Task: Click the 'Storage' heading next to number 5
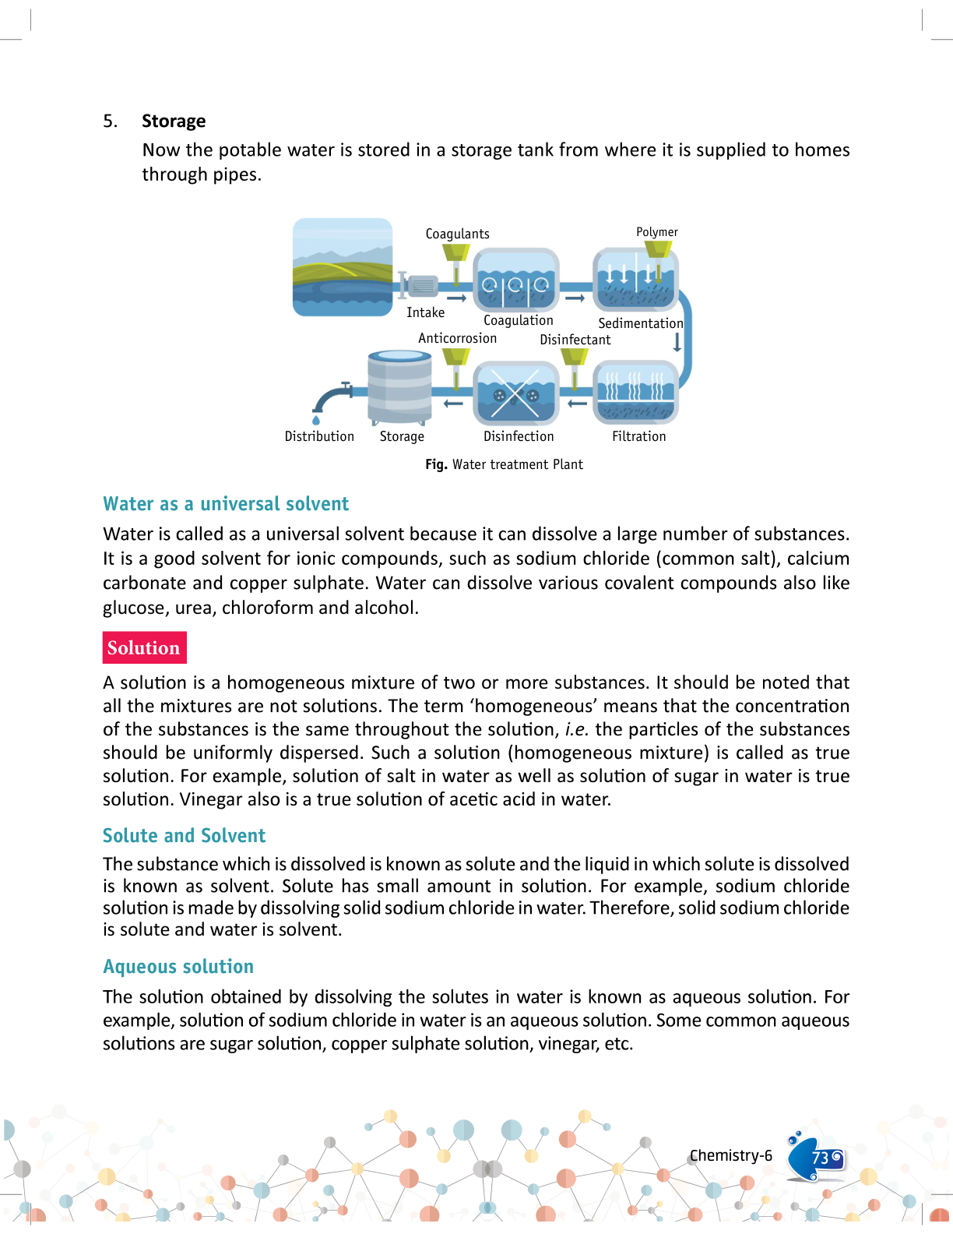tap(174, 121)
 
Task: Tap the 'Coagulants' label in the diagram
tap(457, 234)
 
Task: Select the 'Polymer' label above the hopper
tap(656, 232)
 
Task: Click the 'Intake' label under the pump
tap(425, 312)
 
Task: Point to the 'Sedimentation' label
tap(640, 323)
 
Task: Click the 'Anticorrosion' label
tap(457, 338)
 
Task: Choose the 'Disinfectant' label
tap(575, 340)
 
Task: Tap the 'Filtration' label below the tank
tap(638, 436)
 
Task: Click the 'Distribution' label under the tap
tap(319, 436)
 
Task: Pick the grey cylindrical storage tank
tap(399, 387)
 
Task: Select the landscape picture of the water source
tap(343, 267)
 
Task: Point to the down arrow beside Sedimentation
tap(677, 342)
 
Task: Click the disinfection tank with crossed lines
tap(515, 391)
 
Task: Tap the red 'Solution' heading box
tap(144, 647)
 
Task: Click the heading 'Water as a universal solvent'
tap(226, 504)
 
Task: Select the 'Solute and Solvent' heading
tap(184, 836)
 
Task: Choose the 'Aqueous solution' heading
tap(178, 967)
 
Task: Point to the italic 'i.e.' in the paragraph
tap(575, 729)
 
